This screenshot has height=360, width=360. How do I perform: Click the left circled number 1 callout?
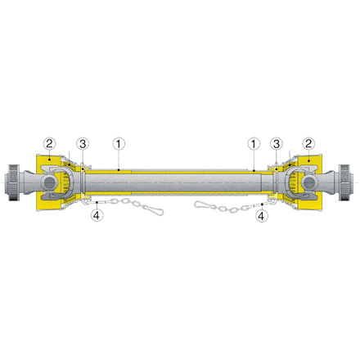(x=119, y=143)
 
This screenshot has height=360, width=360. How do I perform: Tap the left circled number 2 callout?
(x=50, y=143)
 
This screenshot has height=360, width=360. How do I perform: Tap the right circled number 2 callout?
(x=308, y=143)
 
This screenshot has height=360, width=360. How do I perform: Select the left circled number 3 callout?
(x=83, y=143)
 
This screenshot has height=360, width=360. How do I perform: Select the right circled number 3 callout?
(x=277, y=143)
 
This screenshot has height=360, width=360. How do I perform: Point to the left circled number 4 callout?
(x=97, y=216)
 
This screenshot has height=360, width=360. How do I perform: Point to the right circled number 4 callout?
(x=261, y=216)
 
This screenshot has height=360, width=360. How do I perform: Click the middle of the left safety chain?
(x=127, y=203)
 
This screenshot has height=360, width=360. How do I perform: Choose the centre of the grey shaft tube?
(x=180, y=182)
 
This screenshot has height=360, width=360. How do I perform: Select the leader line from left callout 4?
(x=97, y=206)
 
